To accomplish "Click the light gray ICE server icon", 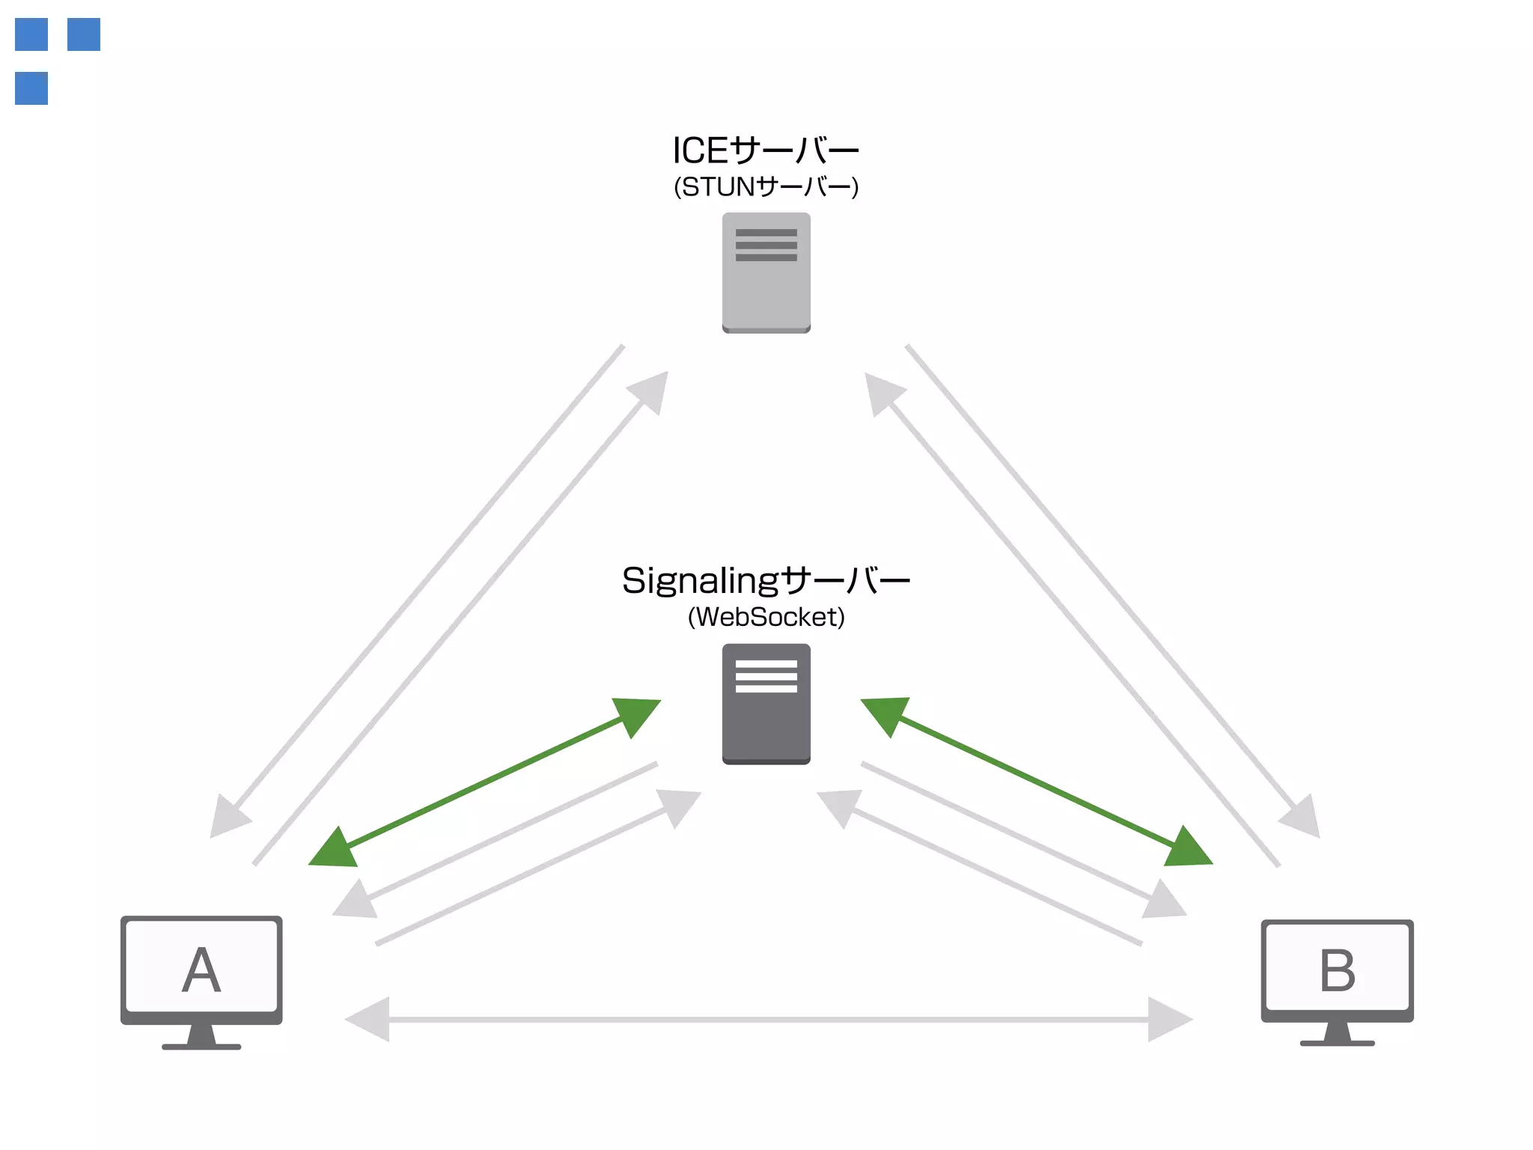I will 766,273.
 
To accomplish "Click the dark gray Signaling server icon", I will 766,704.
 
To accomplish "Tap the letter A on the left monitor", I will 201,970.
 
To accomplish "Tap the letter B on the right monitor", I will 1337,970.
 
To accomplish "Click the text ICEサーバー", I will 766,150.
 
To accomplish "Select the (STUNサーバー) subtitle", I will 766,186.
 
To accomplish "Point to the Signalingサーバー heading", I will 766,580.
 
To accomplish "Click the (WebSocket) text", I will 766,617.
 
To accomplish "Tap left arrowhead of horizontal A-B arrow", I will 371,1019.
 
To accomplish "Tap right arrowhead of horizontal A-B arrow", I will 1168,1019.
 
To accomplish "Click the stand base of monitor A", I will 201,1046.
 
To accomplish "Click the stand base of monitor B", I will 1337,1042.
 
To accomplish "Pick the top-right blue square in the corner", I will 84,34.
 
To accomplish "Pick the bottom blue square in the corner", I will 31,88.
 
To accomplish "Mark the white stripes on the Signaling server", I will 766,676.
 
